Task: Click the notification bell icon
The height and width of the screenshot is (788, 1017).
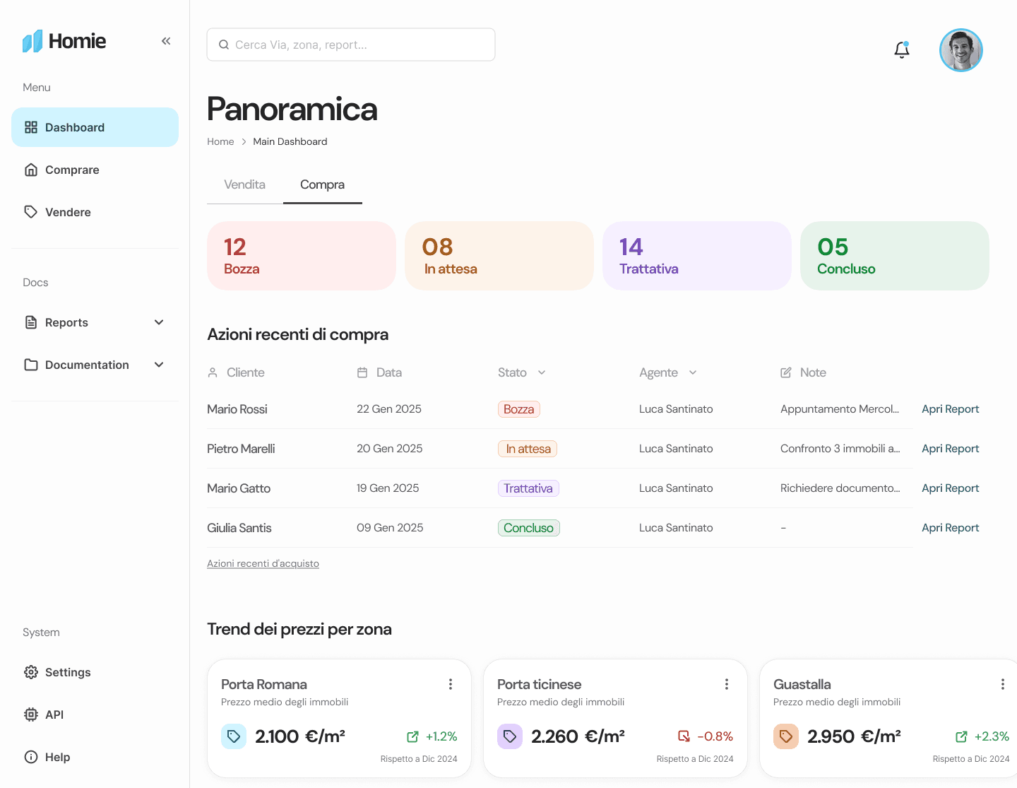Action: pyautogui.click(x=901, y=49)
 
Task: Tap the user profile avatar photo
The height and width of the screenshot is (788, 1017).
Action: pyautogui.click(x=961, y=50)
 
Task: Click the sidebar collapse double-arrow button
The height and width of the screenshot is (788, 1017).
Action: pyautogui.click(x=166, y=41)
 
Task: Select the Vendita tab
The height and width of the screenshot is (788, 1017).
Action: pyautogui.click(x=244, y=184)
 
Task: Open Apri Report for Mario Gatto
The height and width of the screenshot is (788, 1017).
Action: pyautogui.click(x=950, y=488)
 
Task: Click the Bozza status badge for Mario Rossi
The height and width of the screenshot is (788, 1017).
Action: pyautogui.click(x=518, y=408)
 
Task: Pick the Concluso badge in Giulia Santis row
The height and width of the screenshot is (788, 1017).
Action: pyautogui.click(x=528, y=528)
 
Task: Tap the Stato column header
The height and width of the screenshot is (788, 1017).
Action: pyautogui.click(x=512, y=372)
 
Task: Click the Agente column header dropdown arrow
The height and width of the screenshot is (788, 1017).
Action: pyautogui.click(x=693, y=372)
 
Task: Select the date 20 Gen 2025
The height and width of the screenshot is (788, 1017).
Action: pyautogui.click(x=389, y=449)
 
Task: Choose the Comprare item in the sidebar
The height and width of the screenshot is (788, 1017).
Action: pyautogui.click(x=72, y=170)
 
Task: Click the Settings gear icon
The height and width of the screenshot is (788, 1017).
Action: pyautogui.click(x=31, y=672)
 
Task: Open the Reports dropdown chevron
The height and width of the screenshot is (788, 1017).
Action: pyautogui.click(x=159, y=322)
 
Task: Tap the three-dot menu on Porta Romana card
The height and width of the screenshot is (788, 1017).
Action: pyautogui.click(x=450, y=684)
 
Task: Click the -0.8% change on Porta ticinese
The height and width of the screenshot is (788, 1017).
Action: pyautogui.click(x=715, y=736)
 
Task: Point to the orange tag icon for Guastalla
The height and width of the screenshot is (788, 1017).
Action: pyautogui.click(x=786, y=736)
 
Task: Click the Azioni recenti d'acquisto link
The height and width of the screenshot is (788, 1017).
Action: pyautogui.click(x=263, y=563)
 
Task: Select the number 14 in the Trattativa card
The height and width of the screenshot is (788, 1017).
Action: pyautogui.click(x=631, y=247)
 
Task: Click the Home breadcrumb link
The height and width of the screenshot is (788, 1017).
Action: pyautogui.click(x=220, y=141)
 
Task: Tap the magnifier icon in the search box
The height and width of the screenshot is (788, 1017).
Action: pyautogui.click(x=224, y=45)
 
